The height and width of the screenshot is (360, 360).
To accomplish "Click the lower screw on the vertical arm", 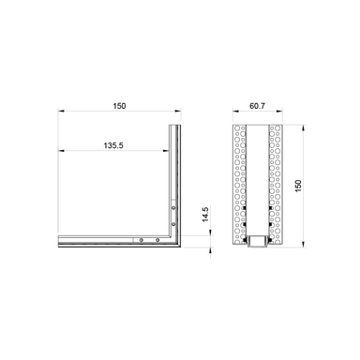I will pyautogui.click(x=173, y=224).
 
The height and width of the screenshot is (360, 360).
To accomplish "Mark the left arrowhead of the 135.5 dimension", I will pyautogui.click(x=60, y=152).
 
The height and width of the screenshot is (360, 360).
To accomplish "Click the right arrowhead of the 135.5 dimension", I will pyautogui.click(x=167, y=152).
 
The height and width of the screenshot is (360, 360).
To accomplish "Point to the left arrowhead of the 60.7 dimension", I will pyautogui.click(x=232, y=115).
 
